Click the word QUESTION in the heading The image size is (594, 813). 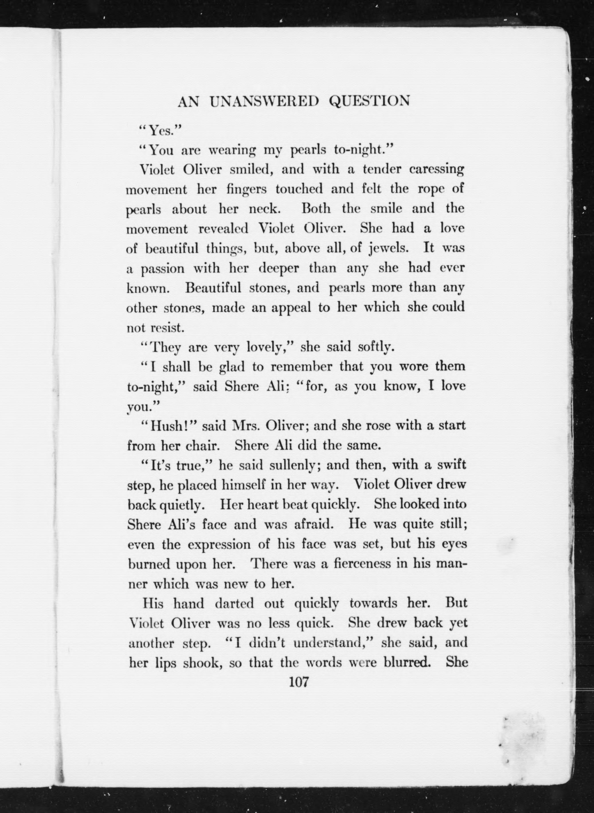pyautogui.click(x=370, y=102)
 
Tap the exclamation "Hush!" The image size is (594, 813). pyautogui.click(x=169, y=426)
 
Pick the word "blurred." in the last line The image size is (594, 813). pyautogui.click(x=407, y=662)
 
